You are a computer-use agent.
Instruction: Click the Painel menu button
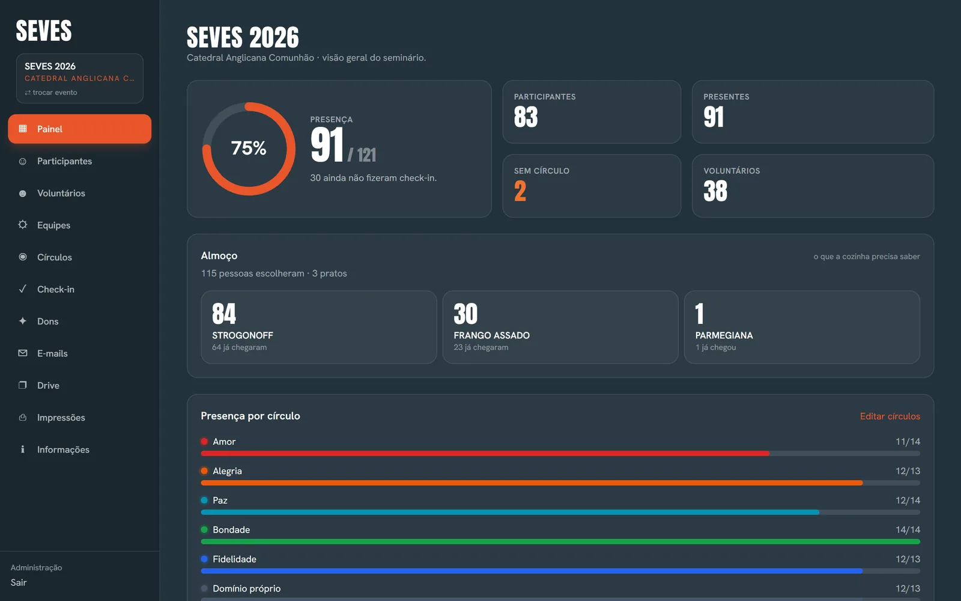79,129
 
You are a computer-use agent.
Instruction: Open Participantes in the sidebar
64,161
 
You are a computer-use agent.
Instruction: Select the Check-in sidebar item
55,289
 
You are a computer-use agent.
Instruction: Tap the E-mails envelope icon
23,353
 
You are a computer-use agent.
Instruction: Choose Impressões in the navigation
61,417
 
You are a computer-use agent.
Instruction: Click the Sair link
19,582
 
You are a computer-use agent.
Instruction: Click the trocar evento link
51,93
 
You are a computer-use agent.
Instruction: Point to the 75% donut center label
249,148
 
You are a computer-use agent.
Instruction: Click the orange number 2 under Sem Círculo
520,191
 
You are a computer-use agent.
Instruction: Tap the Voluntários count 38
715,191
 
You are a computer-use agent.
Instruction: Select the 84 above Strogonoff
224,313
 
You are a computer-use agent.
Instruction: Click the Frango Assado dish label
492,335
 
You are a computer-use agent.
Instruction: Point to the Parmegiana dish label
724,335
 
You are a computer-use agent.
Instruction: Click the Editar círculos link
890,416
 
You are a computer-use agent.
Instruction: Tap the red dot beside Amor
204,441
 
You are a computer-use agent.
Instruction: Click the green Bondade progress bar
560,542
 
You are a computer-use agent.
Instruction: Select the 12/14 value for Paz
908,500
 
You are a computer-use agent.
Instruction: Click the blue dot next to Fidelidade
204,559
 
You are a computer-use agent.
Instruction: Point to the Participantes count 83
526,117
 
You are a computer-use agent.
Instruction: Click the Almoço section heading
219,255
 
